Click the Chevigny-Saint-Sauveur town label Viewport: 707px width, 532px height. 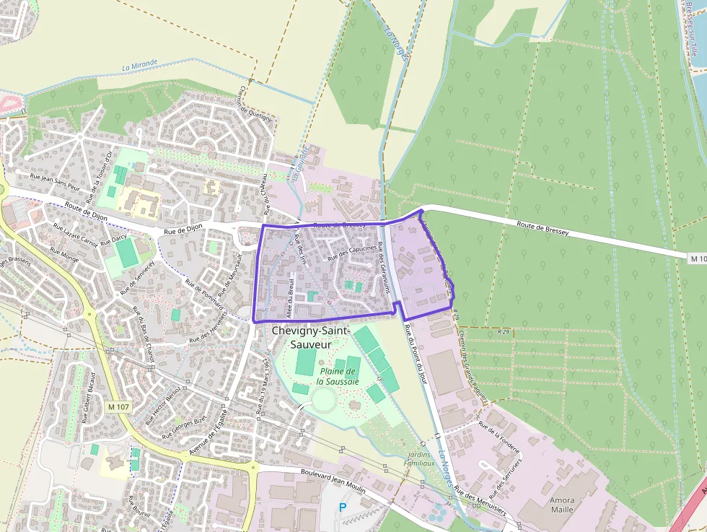click(x=310, y=337)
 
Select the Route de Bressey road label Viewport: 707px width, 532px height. click(x=543, y=228)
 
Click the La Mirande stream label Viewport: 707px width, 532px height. click(x=140, y=65)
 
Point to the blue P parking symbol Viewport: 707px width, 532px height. click(x=343, y=507)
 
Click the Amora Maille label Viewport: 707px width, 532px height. click(x=562, y=505)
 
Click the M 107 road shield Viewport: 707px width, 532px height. click(x=118, y=407)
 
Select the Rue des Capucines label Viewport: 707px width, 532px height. click(x=352, y=253)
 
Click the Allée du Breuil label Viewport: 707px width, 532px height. click(x=292, y=296)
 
